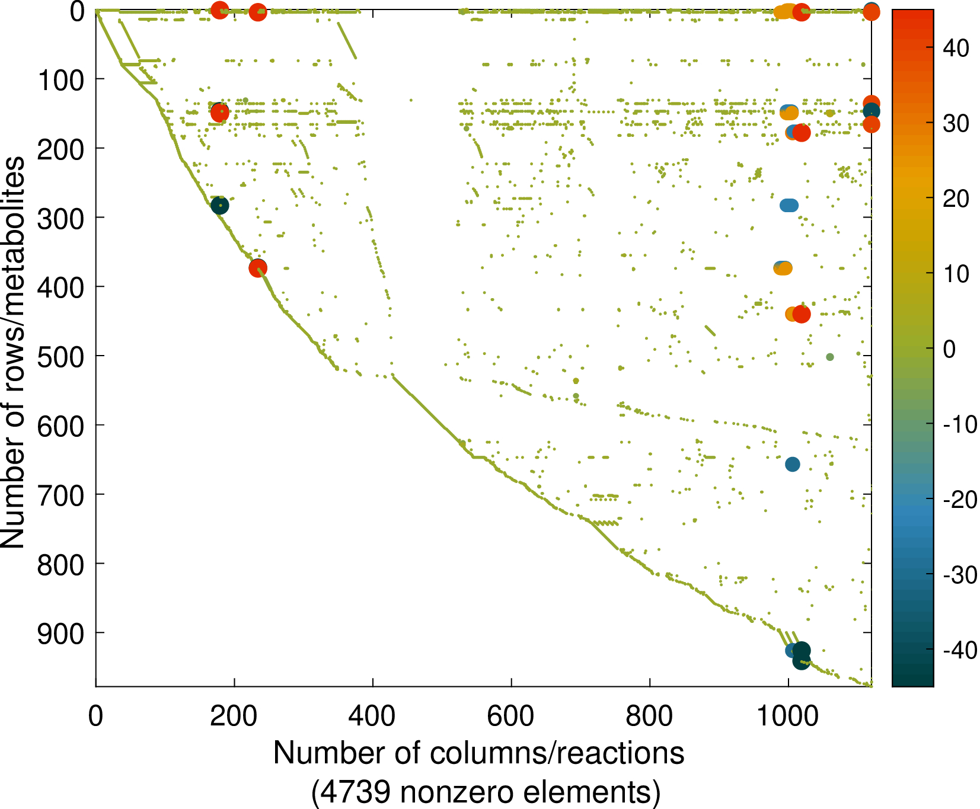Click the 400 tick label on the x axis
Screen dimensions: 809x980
click(372, 715)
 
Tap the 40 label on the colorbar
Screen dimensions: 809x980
click(956, 48)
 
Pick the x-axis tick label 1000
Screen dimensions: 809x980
click(788, 715)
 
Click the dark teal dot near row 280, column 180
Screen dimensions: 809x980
click(220, 206)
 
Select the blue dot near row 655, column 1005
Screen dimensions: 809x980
click(792, 465)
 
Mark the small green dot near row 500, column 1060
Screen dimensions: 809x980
click(830, 357)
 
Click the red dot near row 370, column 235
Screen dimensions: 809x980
click(258, 268)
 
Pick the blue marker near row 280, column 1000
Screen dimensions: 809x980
click(789, 206)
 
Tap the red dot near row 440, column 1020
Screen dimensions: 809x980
click(802, 314)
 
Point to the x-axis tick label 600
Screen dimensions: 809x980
click(511, 715)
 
